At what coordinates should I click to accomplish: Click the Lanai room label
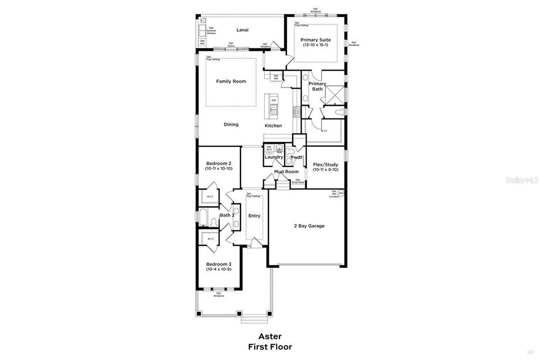[243, 30]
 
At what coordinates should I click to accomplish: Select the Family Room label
[231, 81]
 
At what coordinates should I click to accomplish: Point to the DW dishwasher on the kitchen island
[274, 100]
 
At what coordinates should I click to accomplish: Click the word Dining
[231, 124]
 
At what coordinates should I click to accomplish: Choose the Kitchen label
[273, 125]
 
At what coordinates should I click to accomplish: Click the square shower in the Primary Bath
[335, 94]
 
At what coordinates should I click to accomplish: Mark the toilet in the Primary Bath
[340, 112]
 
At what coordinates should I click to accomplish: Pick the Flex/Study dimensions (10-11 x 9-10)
[325, 169]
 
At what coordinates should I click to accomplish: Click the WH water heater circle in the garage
[341, 193]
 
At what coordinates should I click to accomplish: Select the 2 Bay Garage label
[309, 226]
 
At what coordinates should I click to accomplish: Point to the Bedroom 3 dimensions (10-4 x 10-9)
[218, 269]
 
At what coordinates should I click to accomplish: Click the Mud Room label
[286, 171]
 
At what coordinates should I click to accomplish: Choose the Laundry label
[274, 157]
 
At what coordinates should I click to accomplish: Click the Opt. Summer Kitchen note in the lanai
[211, 31]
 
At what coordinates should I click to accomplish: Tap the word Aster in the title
[269, 336]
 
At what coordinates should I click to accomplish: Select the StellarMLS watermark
[521, 180]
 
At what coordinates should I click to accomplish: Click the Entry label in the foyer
[254, 215]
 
